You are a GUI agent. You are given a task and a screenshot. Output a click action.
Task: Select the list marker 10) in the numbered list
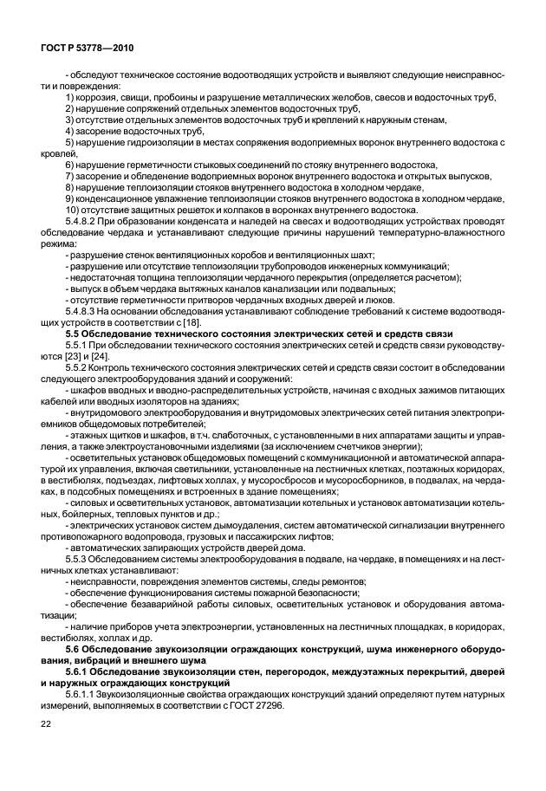(74, 209)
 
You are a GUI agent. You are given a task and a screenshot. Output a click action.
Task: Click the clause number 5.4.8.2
(82, 221)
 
